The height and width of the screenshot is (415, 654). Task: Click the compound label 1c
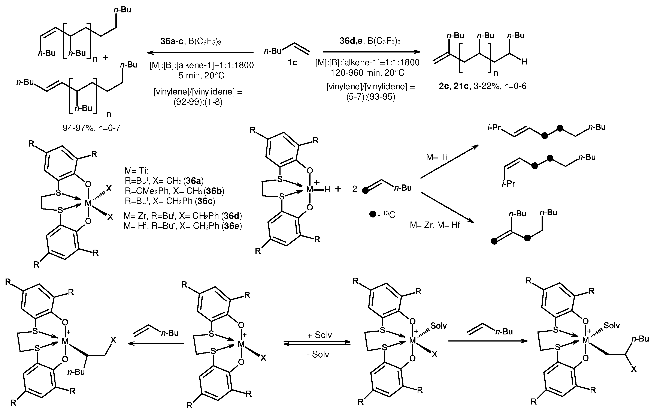292,63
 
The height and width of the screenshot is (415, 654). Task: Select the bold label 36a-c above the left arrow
172,41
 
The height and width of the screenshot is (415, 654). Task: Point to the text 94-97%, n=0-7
91,128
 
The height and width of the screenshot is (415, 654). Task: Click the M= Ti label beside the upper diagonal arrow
437,157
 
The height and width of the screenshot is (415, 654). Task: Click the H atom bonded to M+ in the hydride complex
327,190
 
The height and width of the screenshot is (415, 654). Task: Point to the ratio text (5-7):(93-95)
370,97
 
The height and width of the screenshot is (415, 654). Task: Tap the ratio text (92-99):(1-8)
198,102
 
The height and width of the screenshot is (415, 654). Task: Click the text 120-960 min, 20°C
367,73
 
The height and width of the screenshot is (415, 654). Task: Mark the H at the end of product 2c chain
524,62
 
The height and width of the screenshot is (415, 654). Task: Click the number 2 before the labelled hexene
354,189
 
